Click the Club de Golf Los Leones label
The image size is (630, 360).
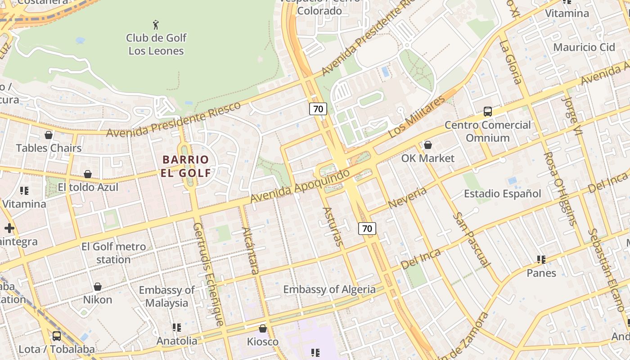tap(156, 44)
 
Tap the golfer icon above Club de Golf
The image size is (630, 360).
tap(156, 24)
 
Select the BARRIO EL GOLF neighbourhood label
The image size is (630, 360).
tap(186, 166)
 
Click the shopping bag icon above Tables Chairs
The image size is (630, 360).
tap(48, 135)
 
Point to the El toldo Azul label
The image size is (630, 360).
tap(88, 187)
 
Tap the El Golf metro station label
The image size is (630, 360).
tap(113, 253)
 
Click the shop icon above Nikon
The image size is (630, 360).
tap(97, 287)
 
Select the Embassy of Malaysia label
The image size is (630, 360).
tap(166, 296)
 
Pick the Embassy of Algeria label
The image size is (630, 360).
tap(329, 289)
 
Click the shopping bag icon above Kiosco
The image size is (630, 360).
tap(263, 329)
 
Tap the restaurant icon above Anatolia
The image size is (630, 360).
tap(177, 328)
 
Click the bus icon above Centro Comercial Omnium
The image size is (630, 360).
tap(487, 112)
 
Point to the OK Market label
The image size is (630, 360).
tap(427, 158)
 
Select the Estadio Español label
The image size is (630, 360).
tap(502, 194)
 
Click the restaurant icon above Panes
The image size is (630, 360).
tap(541, 260)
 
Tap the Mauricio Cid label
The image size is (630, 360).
tap(584, 47)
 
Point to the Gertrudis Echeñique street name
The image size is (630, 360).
tap(208, 274)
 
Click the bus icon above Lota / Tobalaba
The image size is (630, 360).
tap(57, 336)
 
